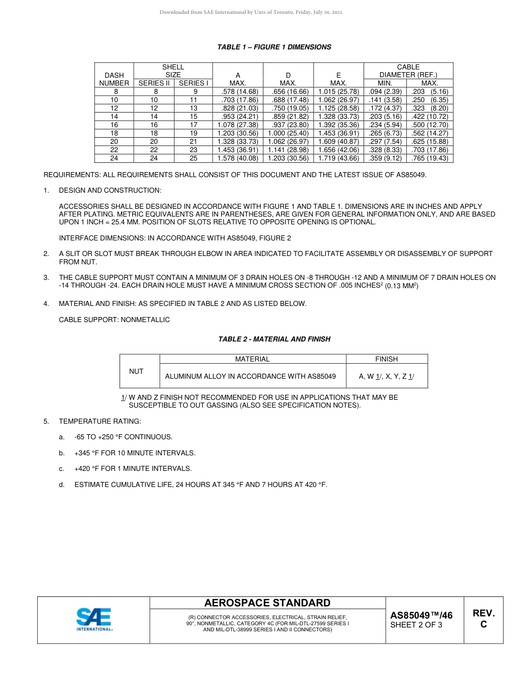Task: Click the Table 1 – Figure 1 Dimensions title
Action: [274, 47]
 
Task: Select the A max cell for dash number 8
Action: [238, 92]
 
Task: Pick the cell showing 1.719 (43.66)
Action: [338, 158]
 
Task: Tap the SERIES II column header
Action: [154, 83]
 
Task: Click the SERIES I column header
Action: [193, 83]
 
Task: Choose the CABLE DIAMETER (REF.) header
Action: [408, 71]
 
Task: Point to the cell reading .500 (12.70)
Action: [430, 125]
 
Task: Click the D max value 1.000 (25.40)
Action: [288, 133]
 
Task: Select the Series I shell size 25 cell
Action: [193, 158]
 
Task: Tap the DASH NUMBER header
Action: [114, 79]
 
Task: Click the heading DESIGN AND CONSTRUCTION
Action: [110, 190]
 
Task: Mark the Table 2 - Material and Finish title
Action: [274, 339]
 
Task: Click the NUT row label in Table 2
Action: [136, 371]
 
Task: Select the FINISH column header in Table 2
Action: [386, 359]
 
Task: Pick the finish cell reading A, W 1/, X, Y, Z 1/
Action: [386, 376]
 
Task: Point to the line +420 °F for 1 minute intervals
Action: [133, 469]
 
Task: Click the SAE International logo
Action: [94, 620]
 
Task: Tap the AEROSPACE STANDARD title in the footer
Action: [267, 603]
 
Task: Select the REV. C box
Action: [483, 619]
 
